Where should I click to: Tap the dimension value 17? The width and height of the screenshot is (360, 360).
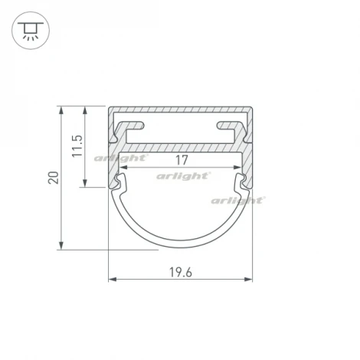(181, 159)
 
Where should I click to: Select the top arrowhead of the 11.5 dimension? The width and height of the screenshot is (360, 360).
(87, 109)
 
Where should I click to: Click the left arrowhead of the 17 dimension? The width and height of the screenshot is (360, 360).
(121, 167)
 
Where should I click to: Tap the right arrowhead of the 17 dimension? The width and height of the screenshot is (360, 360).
(240, 167)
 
